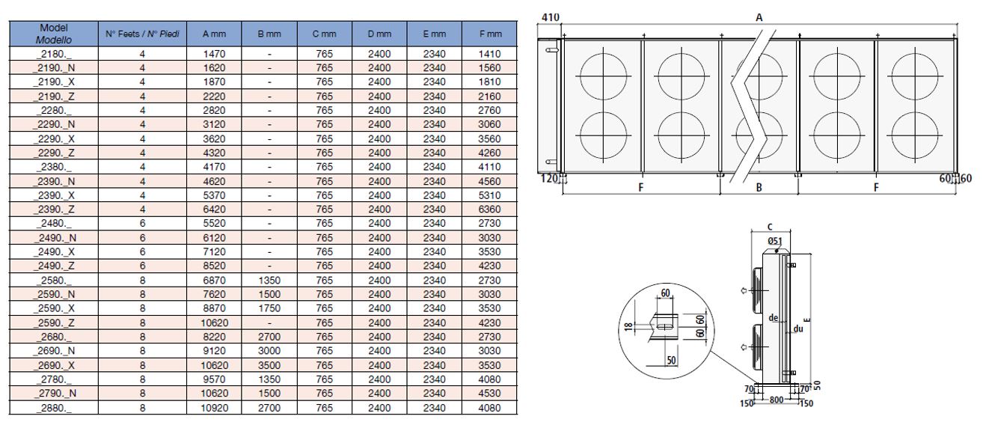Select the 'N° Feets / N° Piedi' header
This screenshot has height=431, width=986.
point(142,33)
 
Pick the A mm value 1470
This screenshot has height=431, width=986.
point(215,54)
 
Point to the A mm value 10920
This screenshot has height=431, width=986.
point(215,408)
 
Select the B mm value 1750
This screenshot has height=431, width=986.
point(269,308)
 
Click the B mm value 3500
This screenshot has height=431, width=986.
point(269,365)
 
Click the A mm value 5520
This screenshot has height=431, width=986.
point(215,224)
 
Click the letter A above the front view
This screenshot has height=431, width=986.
point(759,16)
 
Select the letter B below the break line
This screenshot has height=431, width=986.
point(758,188)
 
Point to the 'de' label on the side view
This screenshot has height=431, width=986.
point(774,318)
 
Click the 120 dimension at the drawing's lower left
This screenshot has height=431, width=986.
point(548,178)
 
